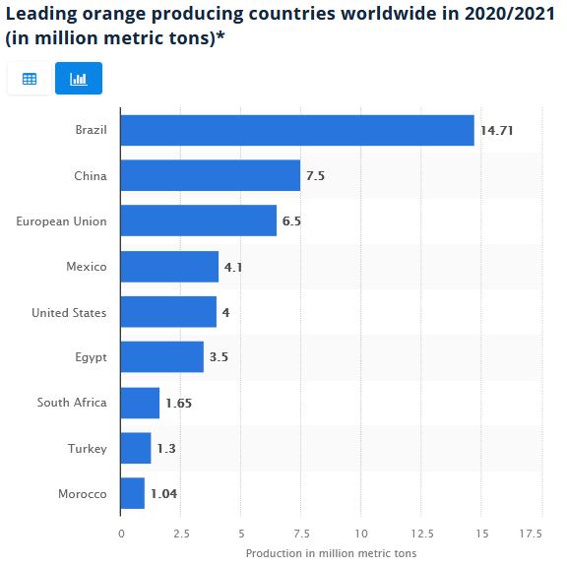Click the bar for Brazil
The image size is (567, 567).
click(296, 130)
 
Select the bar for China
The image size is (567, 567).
click(210, 175)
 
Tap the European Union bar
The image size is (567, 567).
click(198, 221)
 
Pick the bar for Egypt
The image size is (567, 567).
click(161, 356)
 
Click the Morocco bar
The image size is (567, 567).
click(132, 493)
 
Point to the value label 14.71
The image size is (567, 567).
click(496, 130)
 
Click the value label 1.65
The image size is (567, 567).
click(178, 403)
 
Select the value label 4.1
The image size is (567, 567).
click(234, 267)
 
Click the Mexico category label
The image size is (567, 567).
click(87, 267)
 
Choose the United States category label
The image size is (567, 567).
click(69, 312)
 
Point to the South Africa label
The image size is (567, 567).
click(72, 403)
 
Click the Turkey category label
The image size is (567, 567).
click(87, 448)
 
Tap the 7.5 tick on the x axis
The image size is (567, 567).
click(300, 534)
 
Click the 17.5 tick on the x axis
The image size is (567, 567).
click(530, 534)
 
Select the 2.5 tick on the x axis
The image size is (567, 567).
click(181, 534)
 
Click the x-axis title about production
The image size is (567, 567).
click(331, 553)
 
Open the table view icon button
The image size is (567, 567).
click(30, 79)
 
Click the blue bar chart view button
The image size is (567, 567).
click(79, 79)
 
